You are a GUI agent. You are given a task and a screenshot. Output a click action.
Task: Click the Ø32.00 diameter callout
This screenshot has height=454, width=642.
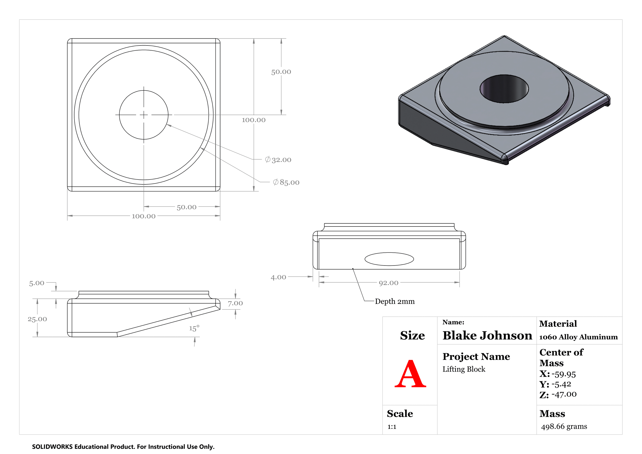(x=278, y=160)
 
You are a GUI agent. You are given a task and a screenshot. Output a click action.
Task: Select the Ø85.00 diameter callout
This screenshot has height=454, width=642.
(x=286, y=182)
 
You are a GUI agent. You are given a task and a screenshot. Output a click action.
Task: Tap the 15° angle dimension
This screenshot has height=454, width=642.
(x=194, y=328)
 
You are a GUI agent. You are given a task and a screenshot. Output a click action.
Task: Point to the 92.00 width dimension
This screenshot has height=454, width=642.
(x=388, y=283)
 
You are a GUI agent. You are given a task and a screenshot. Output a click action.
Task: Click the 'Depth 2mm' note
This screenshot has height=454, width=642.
(x=394, y=301)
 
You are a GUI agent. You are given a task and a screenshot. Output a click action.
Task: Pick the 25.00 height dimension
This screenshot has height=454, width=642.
(x=37, y=319)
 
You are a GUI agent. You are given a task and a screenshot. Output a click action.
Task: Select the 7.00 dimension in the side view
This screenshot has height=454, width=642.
(x=235, y=303)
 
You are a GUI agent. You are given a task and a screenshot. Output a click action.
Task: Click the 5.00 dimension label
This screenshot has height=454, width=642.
(x=37, y=283)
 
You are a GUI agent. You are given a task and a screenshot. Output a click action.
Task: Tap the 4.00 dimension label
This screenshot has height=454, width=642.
(x=278, y=277)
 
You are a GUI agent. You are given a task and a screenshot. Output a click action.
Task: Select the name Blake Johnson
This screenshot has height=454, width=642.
(x=487, y=335)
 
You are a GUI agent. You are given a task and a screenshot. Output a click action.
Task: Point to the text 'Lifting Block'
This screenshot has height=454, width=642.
(x=464, y=369)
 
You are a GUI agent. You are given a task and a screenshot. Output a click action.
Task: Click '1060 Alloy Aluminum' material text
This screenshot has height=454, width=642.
(x=578, y=337)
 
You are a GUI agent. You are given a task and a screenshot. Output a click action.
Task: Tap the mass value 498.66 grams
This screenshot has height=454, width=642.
(x=564, y=426)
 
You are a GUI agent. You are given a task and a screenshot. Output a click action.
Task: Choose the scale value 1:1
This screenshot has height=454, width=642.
(x=392, y=427)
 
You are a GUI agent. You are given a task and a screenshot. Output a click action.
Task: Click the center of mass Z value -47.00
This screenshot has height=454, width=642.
(x=564, y=394)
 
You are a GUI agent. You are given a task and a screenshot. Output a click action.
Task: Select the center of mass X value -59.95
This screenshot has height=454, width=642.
(x=563, y=374)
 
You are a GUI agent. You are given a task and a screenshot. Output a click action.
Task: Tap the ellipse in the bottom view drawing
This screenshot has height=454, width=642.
(x=389, y=259)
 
